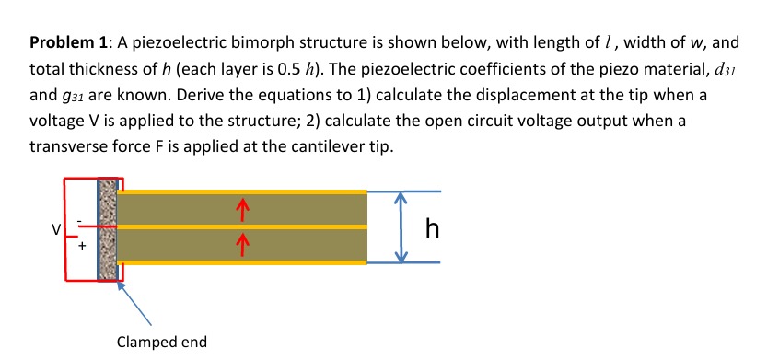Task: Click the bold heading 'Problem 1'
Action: pyautogui.click(x=65, y=43)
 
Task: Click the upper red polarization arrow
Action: pyautogui.click(x=241, y=211)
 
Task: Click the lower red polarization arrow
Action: pyautogui.click(x=241, y=243)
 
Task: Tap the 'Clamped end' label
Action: pyautogui.click(x=162, y=343)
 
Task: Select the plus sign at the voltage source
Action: pyautogui.click(x=82, y=246)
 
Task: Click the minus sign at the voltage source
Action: pyautogui.click(x=81, y=218)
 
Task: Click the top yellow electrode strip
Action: pyautogui.click(x=241, y=192)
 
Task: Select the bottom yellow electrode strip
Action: pyautogui.click(x=241, y=262)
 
